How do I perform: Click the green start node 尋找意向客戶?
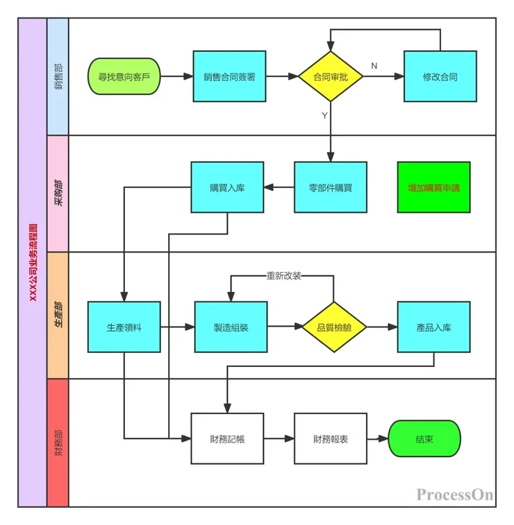(124, 77)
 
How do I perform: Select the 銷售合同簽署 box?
(229, 77)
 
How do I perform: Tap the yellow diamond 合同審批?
(331, 77)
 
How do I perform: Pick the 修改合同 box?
(440, 77)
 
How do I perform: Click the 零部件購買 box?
(330, 187)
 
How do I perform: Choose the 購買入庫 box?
(227, 187)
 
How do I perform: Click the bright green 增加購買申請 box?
(433, 187)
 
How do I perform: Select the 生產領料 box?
(124, 327)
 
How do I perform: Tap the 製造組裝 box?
(231, 327)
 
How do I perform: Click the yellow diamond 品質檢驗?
(334, 327)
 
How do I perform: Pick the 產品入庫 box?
(433, 327)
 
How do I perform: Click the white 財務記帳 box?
(227, 438)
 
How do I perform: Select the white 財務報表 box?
(330, 438)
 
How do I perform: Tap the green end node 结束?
(424, 438)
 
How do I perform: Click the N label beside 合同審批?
(374, 65)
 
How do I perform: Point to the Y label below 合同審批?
(324, 116)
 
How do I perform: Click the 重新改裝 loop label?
(283, 276)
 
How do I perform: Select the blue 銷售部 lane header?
(58, 76)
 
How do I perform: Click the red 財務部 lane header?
(58, 442)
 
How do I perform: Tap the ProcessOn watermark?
(455, 494)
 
